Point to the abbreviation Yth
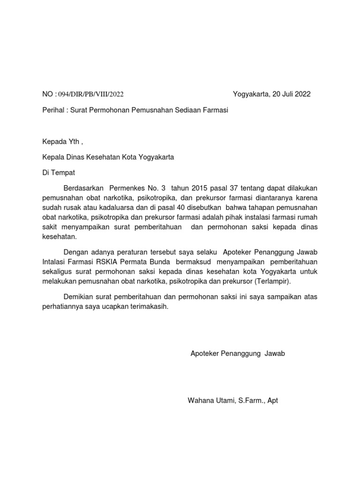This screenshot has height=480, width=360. tap(73, 142)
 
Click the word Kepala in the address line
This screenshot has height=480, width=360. tap(53, 157)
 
